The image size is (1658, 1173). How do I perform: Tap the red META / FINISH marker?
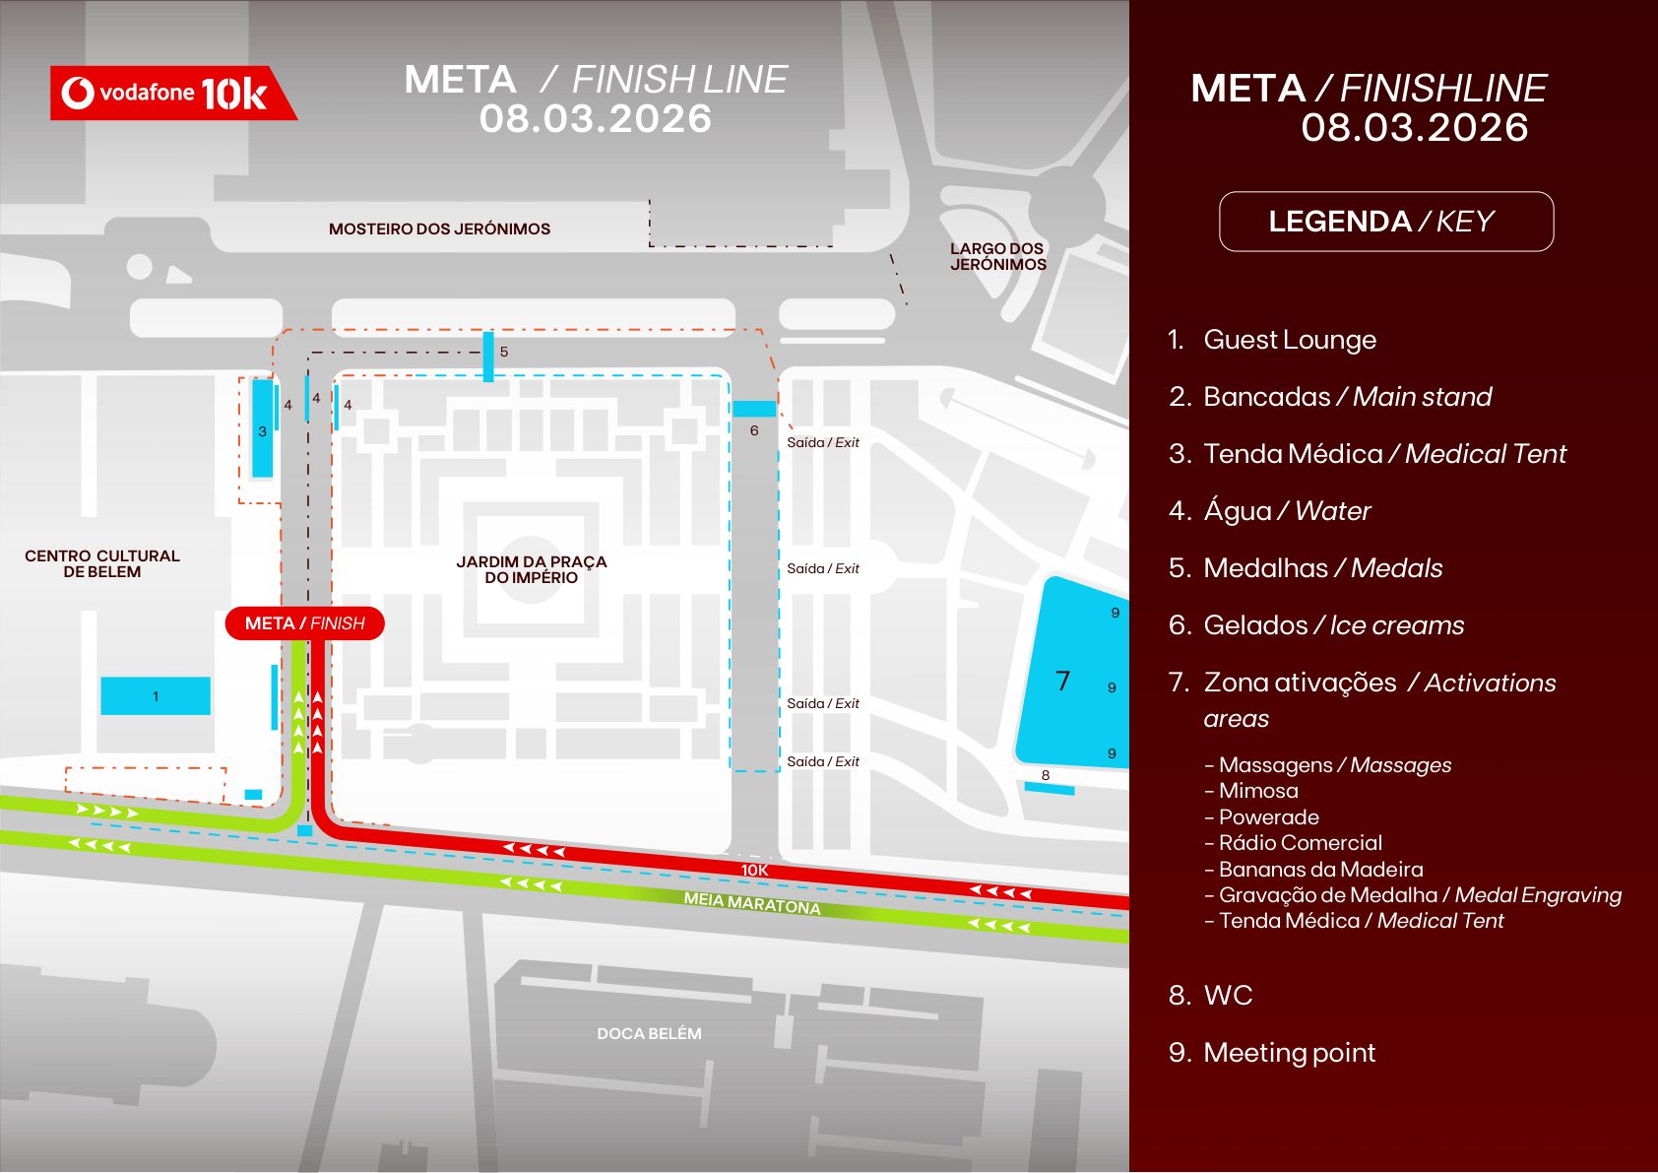point(304,623)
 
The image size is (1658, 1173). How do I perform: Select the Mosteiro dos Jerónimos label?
point(439,228)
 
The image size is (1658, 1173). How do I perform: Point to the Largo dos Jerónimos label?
point(997,256)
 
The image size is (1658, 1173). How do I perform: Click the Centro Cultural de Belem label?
point(102,563)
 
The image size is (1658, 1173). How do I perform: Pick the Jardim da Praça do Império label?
point(531,569)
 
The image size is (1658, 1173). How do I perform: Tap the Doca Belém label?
point(649,1033)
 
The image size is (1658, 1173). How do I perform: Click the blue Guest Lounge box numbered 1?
point(156,695)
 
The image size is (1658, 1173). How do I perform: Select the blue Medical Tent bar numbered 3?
point(262,429)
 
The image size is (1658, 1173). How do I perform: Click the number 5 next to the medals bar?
point(504,352)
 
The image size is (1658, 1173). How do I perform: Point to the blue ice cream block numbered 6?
point(754,409)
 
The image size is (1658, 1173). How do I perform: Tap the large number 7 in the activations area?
point(1062,681)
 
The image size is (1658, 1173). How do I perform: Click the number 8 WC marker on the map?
point(1046,775)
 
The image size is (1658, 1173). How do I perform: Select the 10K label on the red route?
point(754,870)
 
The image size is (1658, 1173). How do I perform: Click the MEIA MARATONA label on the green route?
point(752,903)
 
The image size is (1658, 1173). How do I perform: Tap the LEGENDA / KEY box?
point(1385,222)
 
